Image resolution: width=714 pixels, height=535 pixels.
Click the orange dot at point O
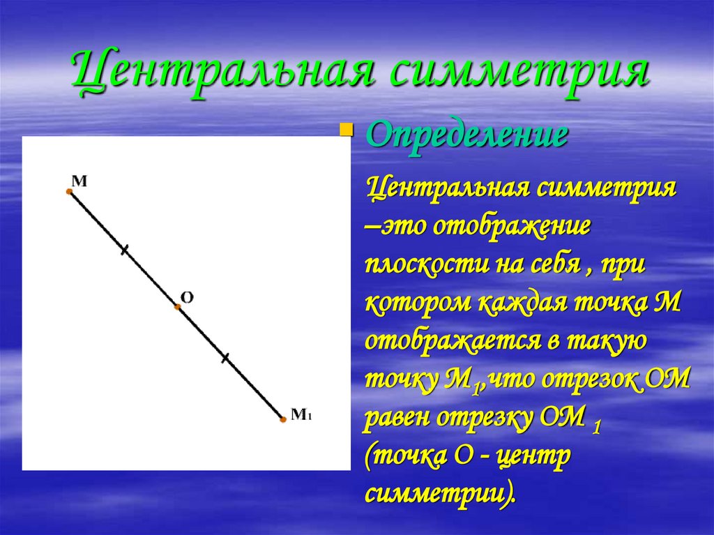pos(177,306)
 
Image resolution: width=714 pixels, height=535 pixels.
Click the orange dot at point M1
pos(282,419)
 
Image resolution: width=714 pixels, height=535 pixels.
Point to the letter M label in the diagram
pos(80,181)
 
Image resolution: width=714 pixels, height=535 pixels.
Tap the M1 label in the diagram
pos(301,414)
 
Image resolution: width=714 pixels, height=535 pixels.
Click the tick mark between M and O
pos(124,249)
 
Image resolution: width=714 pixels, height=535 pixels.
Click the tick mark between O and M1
pos(225,359)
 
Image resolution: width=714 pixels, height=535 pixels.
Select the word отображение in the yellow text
pos(513,229)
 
